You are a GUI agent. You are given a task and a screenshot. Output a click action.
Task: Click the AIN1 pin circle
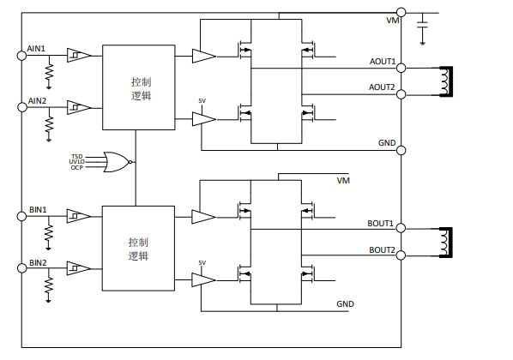[x=21, y=56]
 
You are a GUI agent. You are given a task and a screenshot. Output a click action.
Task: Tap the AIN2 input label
[x=37, y=101]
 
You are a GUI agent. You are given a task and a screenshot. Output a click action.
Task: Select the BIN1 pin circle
[x=21, y=216]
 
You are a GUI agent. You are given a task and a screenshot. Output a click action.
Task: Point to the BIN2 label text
[x=38, y=263]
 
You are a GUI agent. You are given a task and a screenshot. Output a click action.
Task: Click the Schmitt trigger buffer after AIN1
[x=79, y=55]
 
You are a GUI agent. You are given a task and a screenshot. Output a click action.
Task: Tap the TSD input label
[x=77, y=157]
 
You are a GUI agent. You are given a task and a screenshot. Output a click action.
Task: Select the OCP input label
[x=77, y=168]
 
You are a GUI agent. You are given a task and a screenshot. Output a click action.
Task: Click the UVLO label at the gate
[x=76, y=162]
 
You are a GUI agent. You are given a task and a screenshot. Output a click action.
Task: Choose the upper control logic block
[x=139, y=87]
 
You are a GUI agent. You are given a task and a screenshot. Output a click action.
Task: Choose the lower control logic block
[x=138, y=249]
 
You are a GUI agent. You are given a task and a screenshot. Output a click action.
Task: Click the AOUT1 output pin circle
[x=401, y=68]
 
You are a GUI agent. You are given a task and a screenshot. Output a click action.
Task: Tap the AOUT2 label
[x=382, y=87]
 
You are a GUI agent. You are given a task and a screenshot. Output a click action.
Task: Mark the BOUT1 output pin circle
[x=401, y=228]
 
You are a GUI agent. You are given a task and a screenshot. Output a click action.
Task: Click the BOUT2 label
[x=382, y=250]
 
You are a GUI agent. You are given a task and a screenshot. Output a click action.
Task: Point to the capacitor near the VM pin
[x=422, y=25]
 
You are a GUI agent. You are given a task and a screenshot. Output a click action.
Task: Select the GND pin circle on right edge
[x=401, y=150]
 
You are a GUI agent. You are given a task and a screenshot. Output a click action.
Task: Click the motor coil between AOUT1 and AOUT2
[x=446, y=81]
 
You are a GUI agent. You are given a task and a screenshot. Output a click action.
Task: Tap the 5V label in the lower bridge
[x=202, y=263]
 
